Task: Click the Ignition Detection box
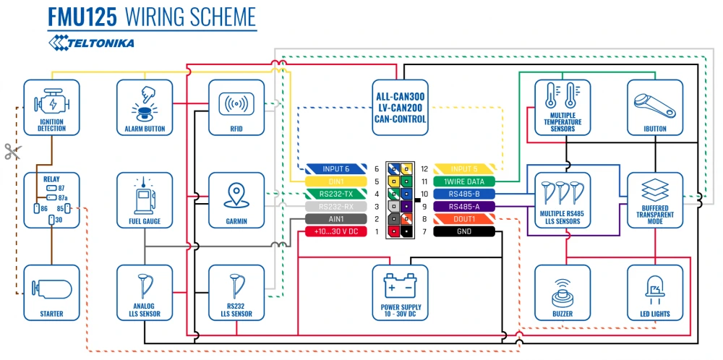[51, 107]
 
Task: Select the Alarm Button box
[145, 107]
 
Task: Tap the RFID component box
[236, 107]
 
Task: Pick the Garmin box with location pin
[236, 200]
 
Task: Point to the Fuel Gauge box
[145, 200]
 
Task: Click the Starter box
[51, 292]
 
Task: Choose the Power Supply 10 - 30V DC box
[401, 292]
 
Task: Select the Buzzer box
[562, 292]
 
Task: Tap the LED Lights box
[655, 292]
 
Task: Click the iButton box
[655, 107]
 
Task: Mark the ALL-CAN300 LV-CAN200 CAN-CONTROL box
[401, 107]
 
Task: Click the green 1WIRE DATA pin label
[463, 181]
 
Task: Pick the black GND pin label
[463, 231]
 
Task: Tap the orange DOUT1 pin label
[463, 219]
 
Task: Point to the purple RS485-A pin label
[463, 206]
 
